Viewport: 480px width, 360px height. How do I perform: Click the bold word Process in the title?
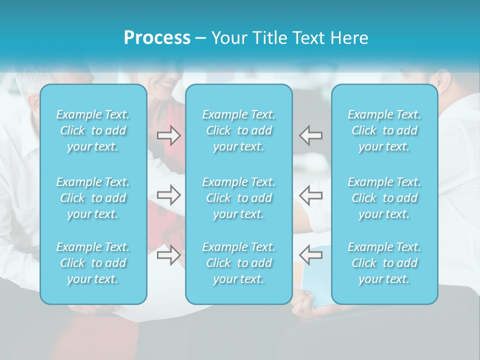pos(157,38)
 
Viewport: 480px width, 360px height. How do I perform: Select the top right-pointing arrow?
pos(169,135)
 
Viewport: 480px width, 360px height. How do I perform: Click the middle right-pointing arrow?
pos(169,194)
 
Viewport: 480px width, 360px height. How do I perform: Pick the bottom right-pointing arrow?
pos(169,255)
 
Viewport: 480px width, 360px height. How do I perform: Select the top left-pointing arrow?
pos(311,135)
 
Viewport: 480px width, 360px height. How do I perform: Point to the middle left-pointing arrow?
pos(311,194)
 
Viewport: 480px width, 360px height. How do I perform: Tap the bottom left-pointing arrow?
pos(311,255)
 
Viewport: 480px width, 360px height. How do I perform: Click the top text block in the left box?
pos(93,130)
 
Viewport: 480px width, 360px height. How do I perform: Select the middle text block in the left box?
pos(93,198)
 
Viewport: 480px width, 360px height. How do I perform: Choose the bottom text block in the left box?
pos(93,263)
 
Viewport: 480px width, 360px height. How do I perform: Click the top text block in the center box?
pos(239,130)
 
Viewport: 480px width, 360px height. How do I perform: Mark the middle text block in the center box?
pos(239,198)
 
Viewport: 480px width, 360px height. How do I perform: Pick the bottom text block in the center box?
pos(239,263)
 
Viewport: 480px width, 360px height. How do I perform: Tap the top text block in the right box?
pos(384,130)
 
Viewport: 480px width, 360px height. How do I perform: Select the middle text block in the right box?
pos(384,198)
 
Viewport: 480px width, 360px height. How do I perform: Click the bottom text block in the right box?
pos(384,263)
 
